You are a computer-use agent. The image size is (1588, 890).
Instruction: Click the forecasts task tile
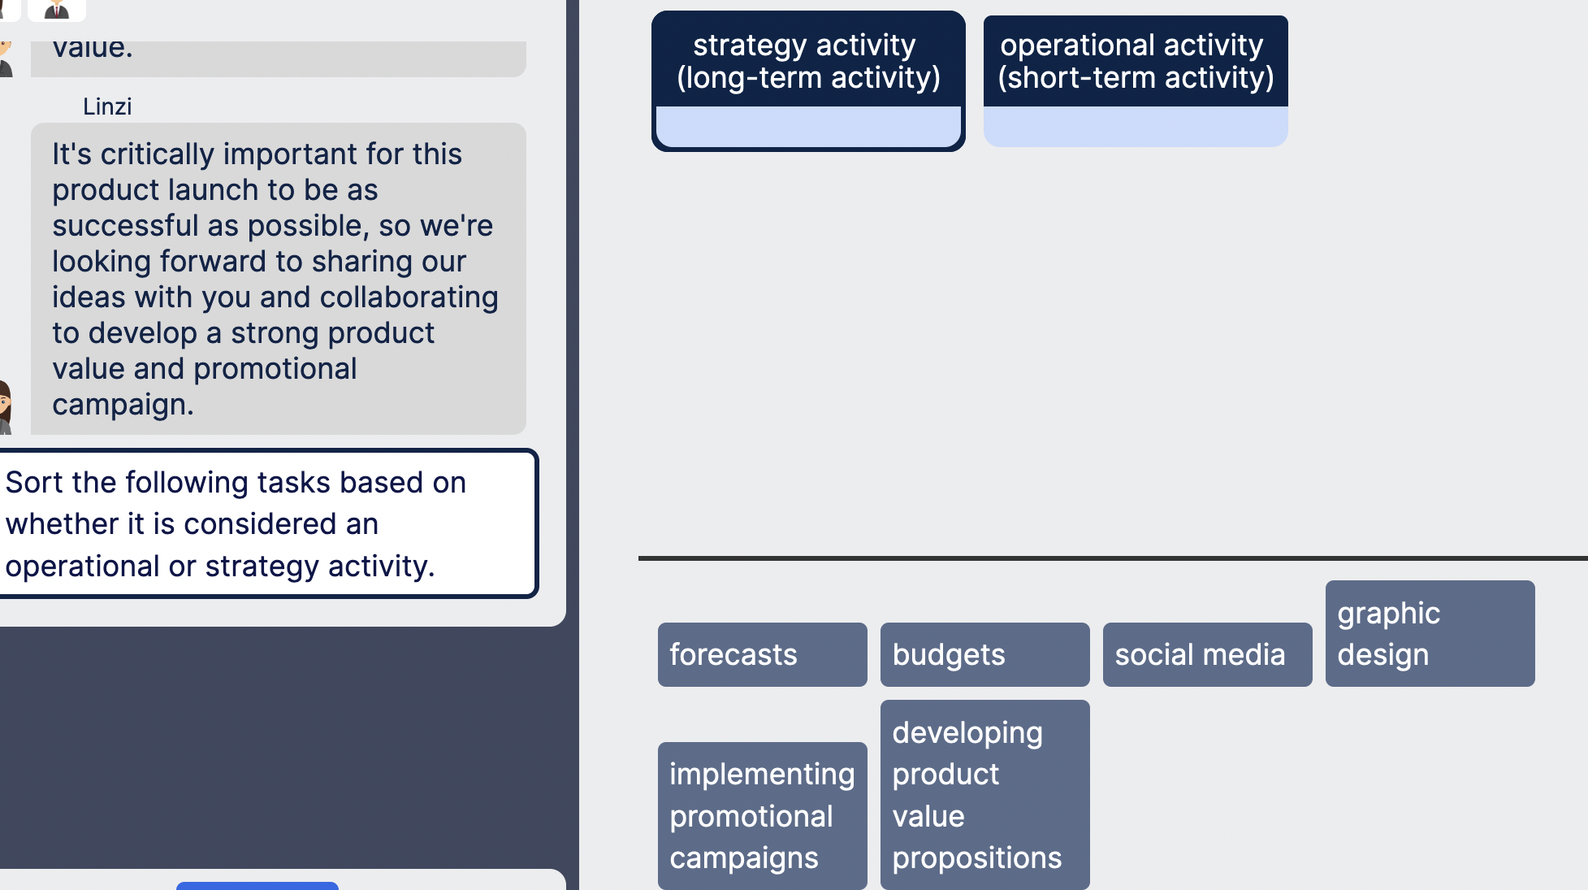point(762,654)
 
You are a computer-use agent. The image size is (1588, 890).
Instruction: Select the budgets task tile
point(984,654)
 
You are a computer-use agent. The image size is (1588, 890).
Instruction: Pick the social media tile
point(1207,654)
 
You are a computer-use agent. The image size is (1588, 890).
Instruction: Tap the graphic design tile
point(1430,633)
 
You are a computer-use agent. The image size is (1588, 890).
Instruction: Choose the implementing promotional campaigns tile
point(762,815)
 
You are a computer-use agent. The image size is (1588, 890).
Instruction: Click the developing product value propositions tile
point(984,794)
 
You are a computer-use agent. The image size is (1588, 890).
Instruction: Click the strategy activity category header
point(807,61)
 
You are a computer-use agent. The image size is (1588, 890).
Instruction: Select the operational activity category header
point(1135,61)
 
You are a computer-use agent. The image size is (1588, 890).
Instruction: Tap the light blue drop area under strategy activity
point(807,127)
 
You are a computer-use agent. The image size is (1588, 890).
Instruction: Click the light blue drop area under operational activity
point(1135,127)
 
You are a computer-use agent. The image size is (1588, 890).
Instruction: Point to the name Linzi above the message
point(107,106)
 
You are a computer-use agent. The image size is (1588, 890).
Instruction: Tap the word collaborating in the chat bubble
point(409,297)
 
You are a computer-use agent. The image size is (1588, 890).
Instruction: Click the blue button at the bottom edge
point(257,885)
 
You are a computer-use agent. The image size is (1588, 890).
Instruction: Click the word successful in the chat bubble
point(125,226)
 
